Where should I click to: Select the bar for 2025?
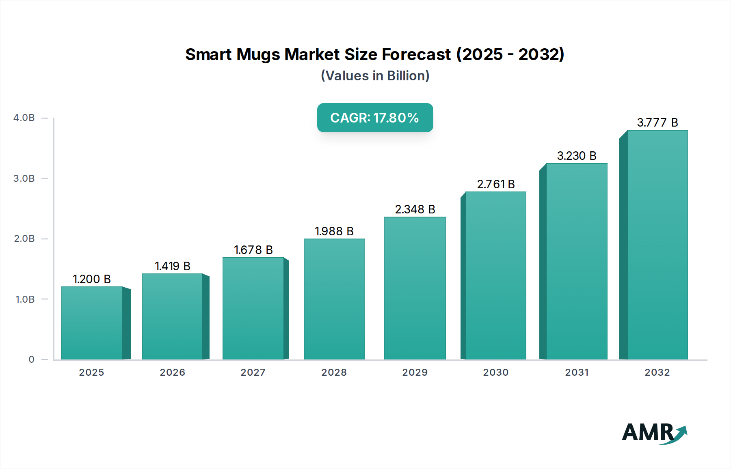coord(92,323)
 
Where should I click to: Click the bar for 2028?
coord(334,299)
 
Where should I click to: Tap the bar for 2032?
coord(657,245)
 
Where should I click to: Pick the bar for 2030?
coord(495,275)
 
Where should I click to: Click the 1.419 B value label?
coord(173,266)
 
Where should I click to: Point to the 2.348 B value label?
coord(415,209)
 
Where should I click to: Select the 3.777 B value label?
coord(657,123)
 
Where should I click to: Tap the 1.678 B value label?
coord(253,250)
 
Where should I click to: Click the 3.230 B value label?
coord(576,156)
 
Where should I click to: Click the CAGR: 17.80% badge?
coord(375,118)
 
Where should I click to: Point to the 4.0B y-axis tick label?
coord(24,118)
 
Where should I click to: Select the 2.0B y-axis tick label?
coord(24,239)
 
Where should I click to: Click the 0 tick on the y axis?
coord(31,359)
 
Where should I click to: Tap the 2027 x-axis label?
coord(253,372)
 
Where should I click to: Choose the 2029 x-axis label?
coord(415,372)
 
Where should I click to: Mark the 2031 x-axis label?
coord(576,372)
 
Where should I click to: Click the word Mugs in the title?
coord(258,54)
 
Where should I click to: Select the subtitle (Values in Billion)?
coord(375,76)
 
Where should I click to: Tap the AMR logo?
coord(654,433)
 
